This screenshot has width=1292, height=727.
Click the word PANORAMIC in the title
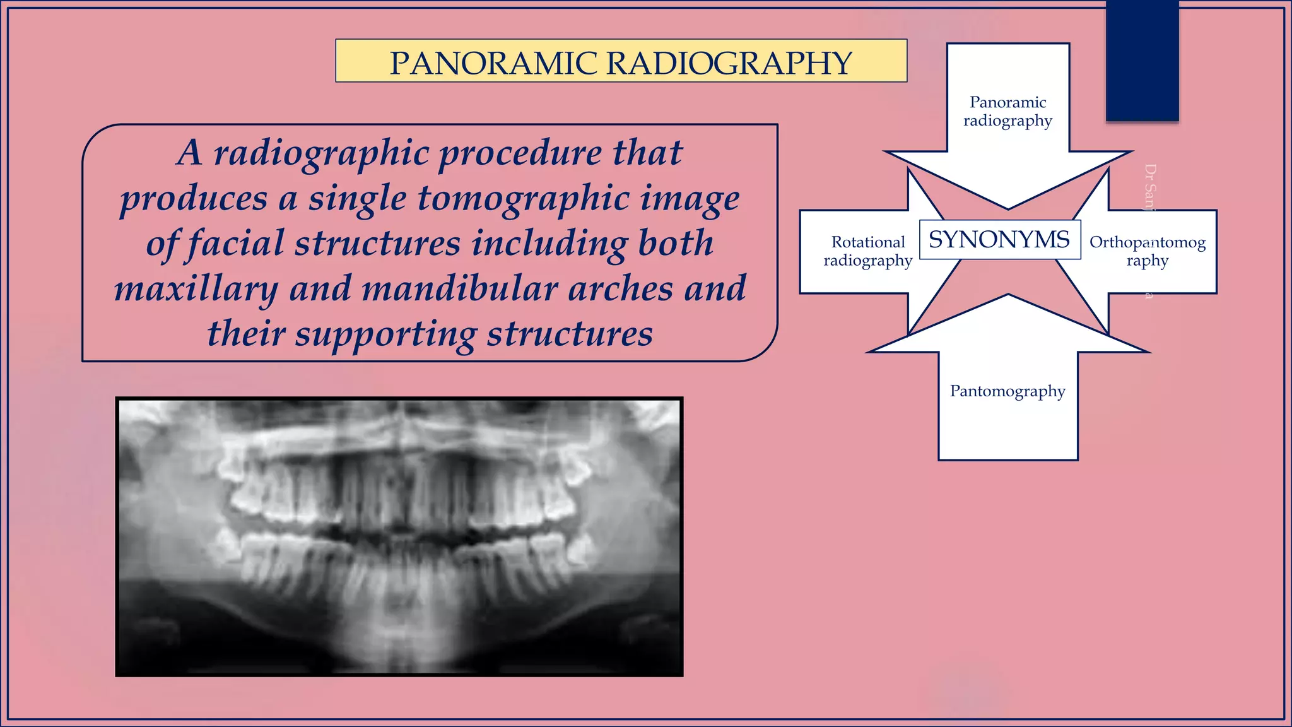(493, 63)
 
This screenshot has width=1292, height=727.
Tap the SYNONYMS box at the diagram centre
(999, 240)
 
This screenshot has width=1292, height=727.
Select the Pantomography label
(1007, 391)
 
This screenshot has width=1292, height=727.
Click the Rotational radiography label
(868, 251)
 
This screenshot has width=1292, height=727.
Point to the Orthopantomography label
(1148, 251)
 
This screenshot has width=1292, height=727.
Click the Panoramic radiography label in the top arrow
(1007, 111)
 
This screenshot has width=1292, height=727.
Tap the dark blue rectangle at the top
(1142, 60)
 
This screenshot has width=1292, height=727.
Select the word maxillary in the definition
(196, 289)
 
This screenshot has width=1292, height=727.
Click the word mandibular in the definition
(460, 289)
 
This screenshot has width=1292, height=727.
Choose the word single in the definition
(357, 198)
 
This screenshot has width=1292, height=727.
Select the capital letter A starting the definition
(189, 153)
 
